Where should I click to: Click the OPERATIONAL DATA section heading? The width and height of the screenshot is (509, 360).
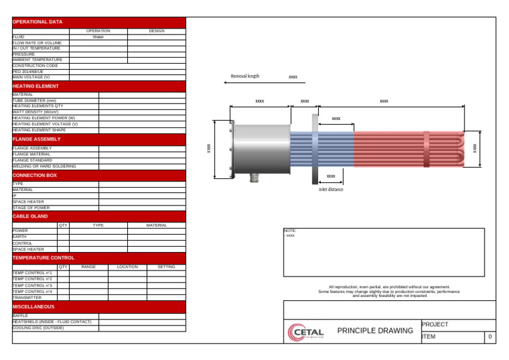tap(37, 22)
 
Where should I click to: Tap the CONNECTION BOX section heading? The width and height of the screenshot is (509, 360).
tap(34, 176)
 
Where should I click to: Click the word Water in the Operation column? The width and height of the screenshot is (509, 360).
tap(98, 37)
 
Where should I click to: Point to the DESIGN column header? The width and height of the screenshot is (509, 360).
tap(156, 31)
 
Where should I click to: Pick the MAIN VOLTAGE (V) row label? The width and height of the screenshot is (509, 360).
tap(31, 77)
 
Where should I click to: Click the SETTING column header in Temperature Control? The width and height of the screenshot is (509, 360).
tap(166, 267)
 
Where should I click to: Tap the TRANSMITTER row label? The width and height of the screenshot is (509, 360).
tap(27, 298)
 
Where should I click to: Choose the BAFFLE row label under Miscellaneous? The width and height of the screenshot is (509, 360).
tap(21, 316)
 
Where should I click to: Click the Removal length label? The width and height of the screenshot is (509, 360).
tap(245, 76)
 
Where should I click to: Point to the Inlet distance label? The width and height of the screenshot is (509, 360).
tap(331, 189)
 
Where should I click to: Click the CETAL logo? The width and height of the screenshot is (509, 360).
tap(306, 331)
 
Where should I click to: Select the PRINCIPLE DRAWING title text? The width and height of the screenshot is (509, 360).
tap(374, 330)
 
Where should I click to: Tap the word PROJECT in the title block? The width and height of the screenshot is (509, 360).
tap(435, 324)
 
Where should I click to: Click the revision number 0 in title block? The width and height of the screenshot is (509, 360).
tap(490, 337)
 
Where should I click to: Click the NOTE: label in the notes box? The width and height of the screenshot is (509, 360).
tap(290, 231)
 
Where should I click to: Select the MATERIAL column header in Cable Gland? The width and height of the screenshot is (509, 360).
tap(156, 225)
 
